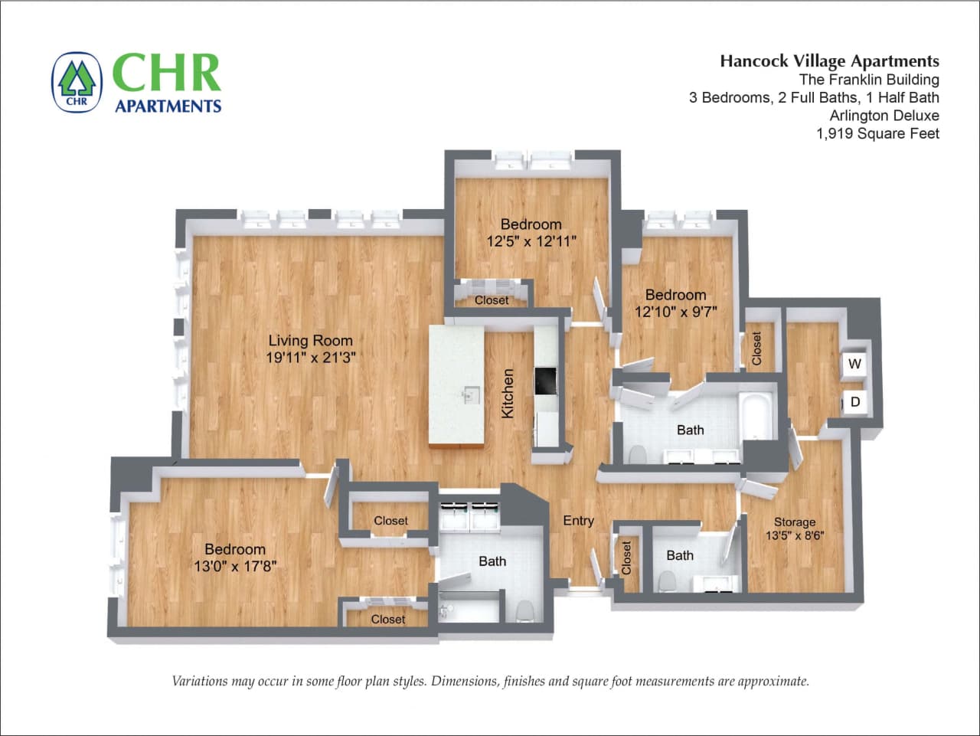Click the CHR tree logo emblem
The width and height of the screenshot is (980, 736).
77,82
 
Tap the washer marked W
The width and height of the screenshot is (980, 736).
854,365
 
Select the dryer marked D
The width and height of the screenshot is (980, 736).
855,401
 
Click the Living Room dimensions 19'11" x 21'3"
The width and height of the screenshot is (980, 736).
311,358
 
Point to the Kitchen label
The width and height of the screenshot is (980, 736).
508,394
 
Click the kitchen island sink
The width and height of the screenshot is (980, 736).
469,395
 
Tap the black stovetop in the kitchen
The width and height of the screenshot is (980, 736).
546,381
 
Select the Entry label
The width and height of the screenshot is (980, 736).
578,521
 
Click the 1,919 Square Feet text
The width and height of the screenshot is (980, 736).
877,133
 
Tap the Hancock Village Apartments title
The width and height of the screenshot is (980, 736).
829,61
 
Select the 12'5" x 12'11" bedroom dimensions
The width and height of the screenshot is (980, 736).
531,240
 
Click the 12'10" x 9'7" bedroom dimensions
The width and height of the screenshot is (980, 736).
675,312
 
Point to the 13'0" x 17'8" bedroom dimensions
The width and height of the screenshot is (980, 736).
235,566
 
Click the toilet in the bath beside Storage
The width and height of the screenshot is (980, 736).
667,582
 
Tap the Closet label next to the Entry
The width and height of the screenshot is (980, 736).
626,558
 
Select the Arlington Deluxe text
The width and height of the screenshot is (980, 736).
884,116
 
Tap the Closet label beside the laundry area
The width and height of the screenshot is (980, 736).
756,348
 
